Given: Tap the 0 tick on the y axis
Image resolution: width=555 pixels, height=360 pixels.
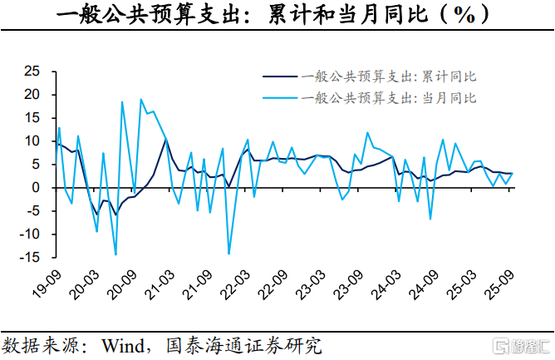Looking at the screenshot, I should click(x=38, y=188).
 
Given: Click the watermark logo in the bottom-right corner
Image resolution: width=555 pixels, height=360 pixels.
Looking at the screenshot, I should click(x=521, y=344).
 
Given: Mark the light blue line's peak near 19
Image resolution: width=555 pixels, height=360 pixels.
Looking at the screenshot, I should click(x=140, y=100).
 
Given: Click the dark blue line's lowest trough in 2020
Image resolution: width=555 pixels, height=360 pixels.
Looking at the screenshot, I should click(x=115, y=215).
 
